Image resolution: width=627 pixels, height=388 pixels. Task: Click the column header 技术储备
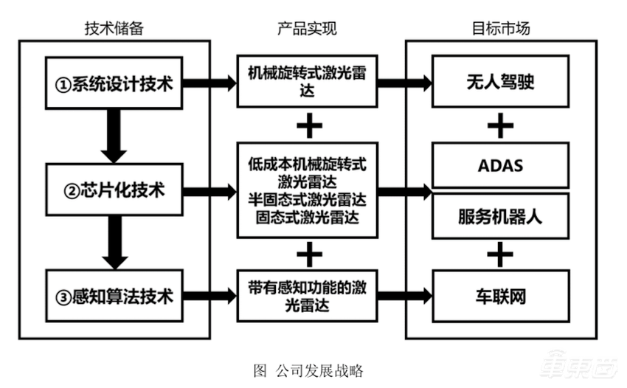click(x=113, y=29)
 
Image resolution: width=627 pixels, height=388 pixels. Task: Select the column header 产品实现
click(x=307, y=29)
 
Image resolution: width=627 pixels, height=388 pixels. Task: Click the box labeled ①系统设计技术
click(x=114, y=83)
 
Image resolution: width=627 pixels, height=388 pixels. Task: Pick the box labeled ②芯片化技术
click(x=114, y=191)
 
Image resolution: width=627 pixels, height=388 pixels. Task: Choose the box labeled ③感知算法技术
click(x=114, y=297)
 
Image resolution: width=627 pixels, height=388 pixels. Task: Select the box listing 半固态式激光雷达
click(x=307, y=190)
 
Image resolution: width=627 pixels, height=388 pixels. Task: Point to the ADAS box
click(x=500, y=165)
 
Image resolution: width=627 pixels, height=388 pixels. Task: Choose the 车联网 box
click(x=500, y=297)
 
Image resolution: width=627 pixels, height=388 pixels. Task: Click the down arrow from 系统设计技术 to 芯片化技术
click(x=114, y=136)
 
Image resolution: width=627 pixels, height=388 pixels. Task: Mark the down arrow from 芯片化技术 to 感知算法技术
click(x=114, y=244)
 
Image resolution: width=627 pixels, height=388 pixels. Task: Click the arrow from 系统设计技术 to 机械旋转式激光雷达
click(x=208, y=83)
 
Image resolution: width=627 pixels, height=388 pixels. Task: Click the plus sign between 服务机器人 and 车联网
click(x=500, y=255)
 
